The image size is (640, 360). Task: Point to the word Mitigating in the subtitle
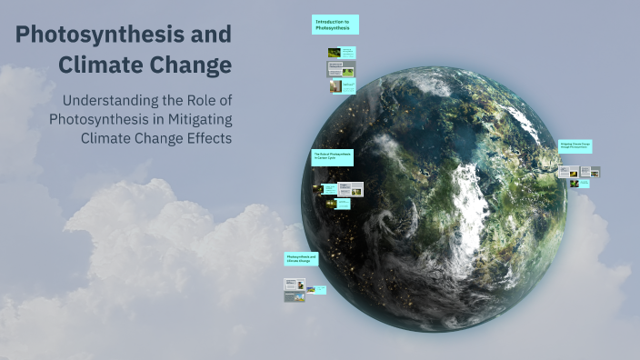194,119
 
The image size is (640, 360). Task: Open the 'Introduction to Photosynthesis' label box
335,25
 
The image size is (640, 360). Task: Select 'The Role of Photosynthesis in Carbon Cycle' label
332,157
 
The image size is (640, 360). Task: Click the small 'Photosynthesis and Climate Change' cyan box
301,259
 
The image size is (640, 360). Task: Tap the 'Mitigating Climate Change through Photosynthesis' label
575,145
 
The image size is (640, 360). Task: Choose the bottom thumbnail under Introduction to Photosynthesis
342,85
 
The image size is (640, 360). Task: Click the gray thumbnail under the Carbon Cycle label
351,189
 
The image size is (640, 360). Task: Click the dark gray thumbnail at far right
590,171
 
